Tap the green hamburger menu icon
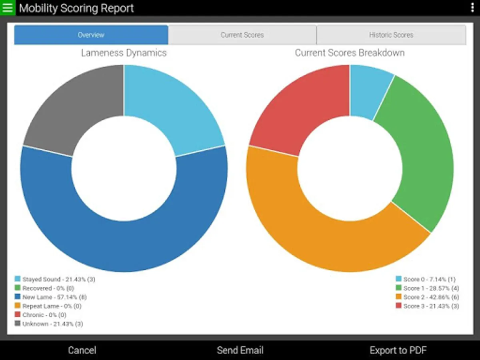click(8, 8)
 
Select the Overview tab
click(91, 35)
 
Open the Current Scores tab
click(242, 35)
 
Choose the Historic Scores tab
click(391, 35)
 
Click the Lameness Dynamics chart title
click(124, 53)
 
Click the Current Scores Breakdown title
click(350, 53)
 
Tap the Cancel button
click(82, 350)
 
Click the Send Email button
click(240, 350)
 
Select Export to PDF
click(398, 350)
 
